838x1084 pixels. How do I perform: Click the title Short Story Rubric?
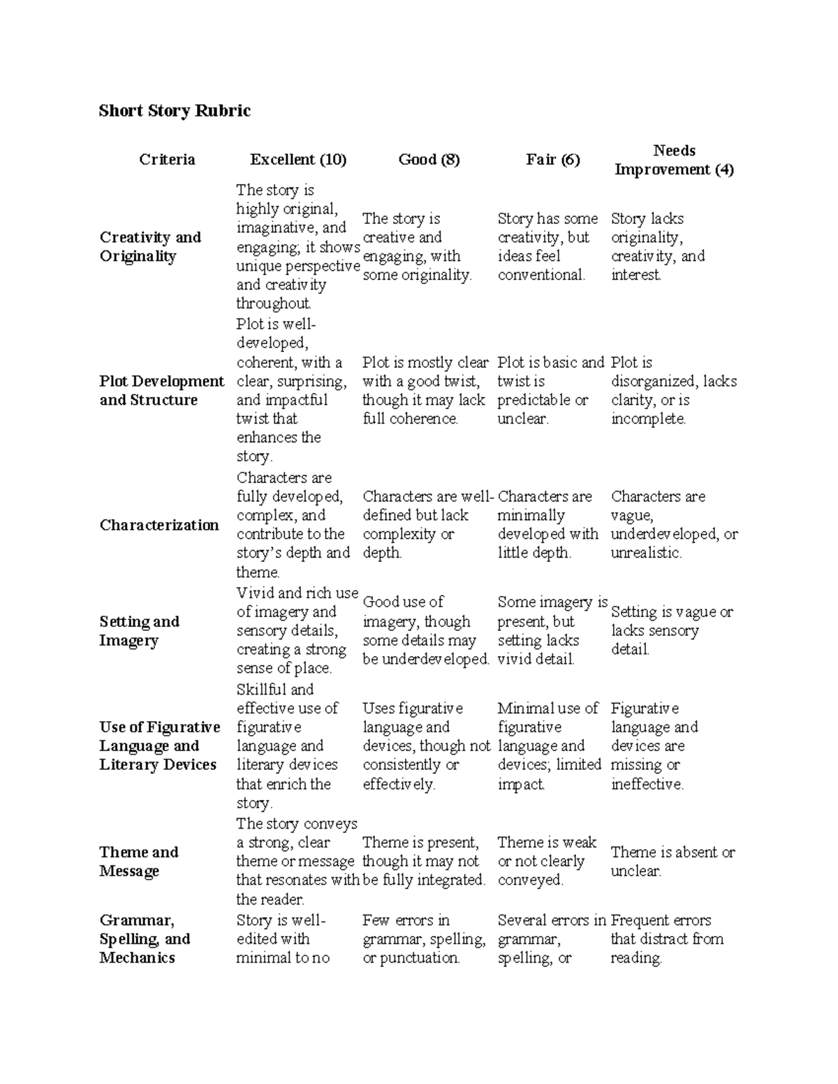(175, 111)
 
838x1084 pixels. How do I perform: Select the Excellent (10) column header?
(298, 160)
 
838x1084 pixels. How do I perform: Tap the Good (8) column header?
(429, 160)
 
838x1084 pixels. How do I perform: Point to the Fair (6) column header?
(552, 160)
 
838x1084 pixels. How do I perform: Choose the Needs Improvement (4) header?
(674, 160)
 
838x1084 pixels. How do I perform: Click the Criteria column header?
(167, 160)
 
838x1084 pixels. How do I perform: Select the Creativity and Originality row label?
(150, 246)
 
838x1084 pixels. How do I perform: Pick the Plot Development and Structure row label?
(161, 390)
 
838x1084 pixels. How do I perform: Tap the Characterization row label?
(159, 525)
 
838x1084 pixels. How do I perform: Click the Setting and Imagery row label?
(139, 631)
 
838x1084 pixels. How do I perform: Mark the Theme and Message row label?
(138, 861)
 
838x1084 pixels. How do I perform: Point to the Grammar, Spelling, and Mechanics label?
(145, 939)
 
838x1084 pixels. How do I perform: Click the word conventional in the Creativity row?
(541, 275)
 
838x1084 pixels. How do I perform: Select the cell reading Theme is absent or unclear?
(672, 861)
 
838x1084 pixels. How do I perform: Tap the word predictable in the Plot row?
(534, 400)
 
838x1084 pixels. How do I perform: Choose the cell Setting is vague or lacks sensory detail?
(671, 630)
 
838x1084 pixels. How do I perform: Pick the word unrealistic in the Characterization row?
(645, 553)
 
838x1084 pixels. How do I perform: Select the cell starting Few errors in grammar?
(423, 939)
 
